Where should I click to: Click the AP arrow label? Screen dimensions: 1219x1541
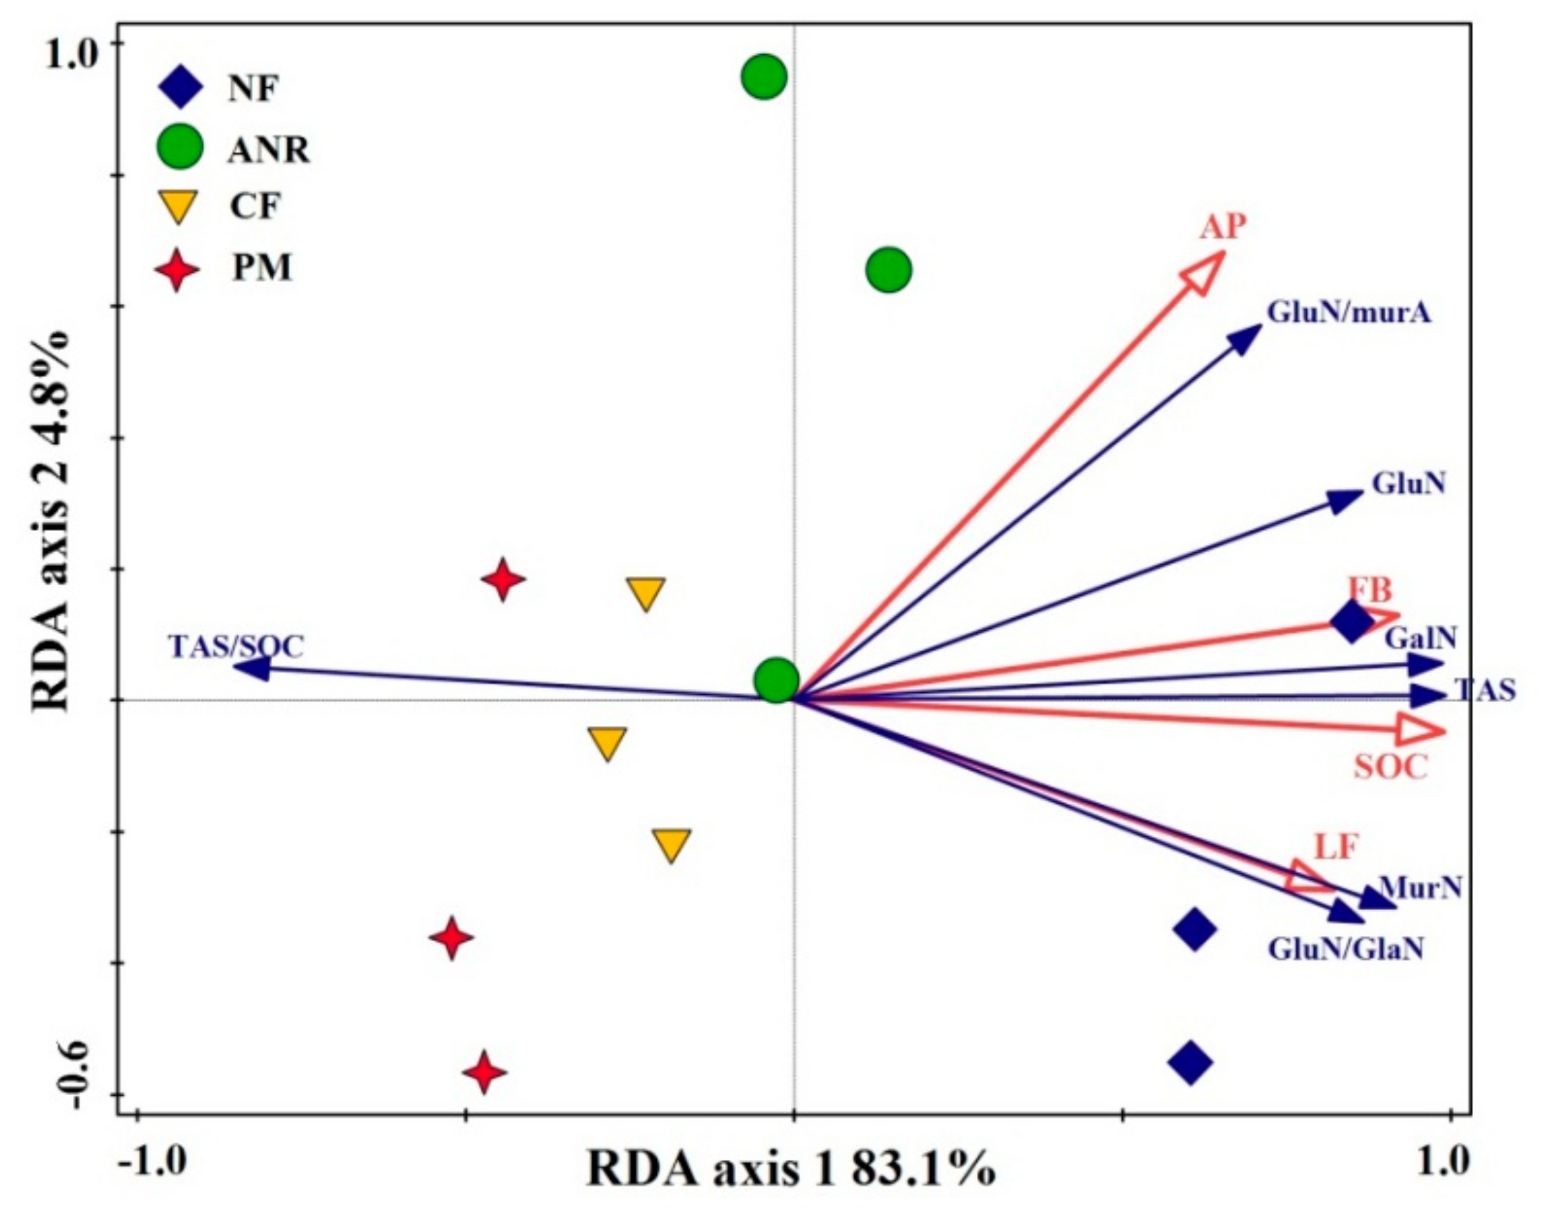(1223, 228)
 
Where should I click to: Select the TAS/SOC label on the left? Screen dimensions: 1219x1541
(236, 647)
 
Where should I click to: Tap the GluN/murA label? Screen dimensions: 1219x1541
(1349, 313)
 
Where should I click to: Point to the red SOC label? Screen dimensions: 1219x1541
(1391, 767)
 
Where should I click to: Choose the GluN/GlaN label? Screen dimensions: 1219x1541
(1345, 949)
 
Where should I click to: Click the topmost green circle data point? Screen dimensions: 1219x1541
(764, 77)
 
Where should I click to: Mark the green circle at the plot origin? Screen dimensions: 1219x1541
(776, 680)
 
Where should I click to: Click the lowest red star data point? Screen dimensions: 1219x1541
(484, 1092)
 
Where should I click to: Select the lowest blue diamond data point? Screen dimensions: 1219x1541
(1190, 1082)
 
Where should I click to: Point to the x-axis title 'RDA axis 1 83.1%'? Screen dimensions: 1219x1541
(790, 1170)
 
